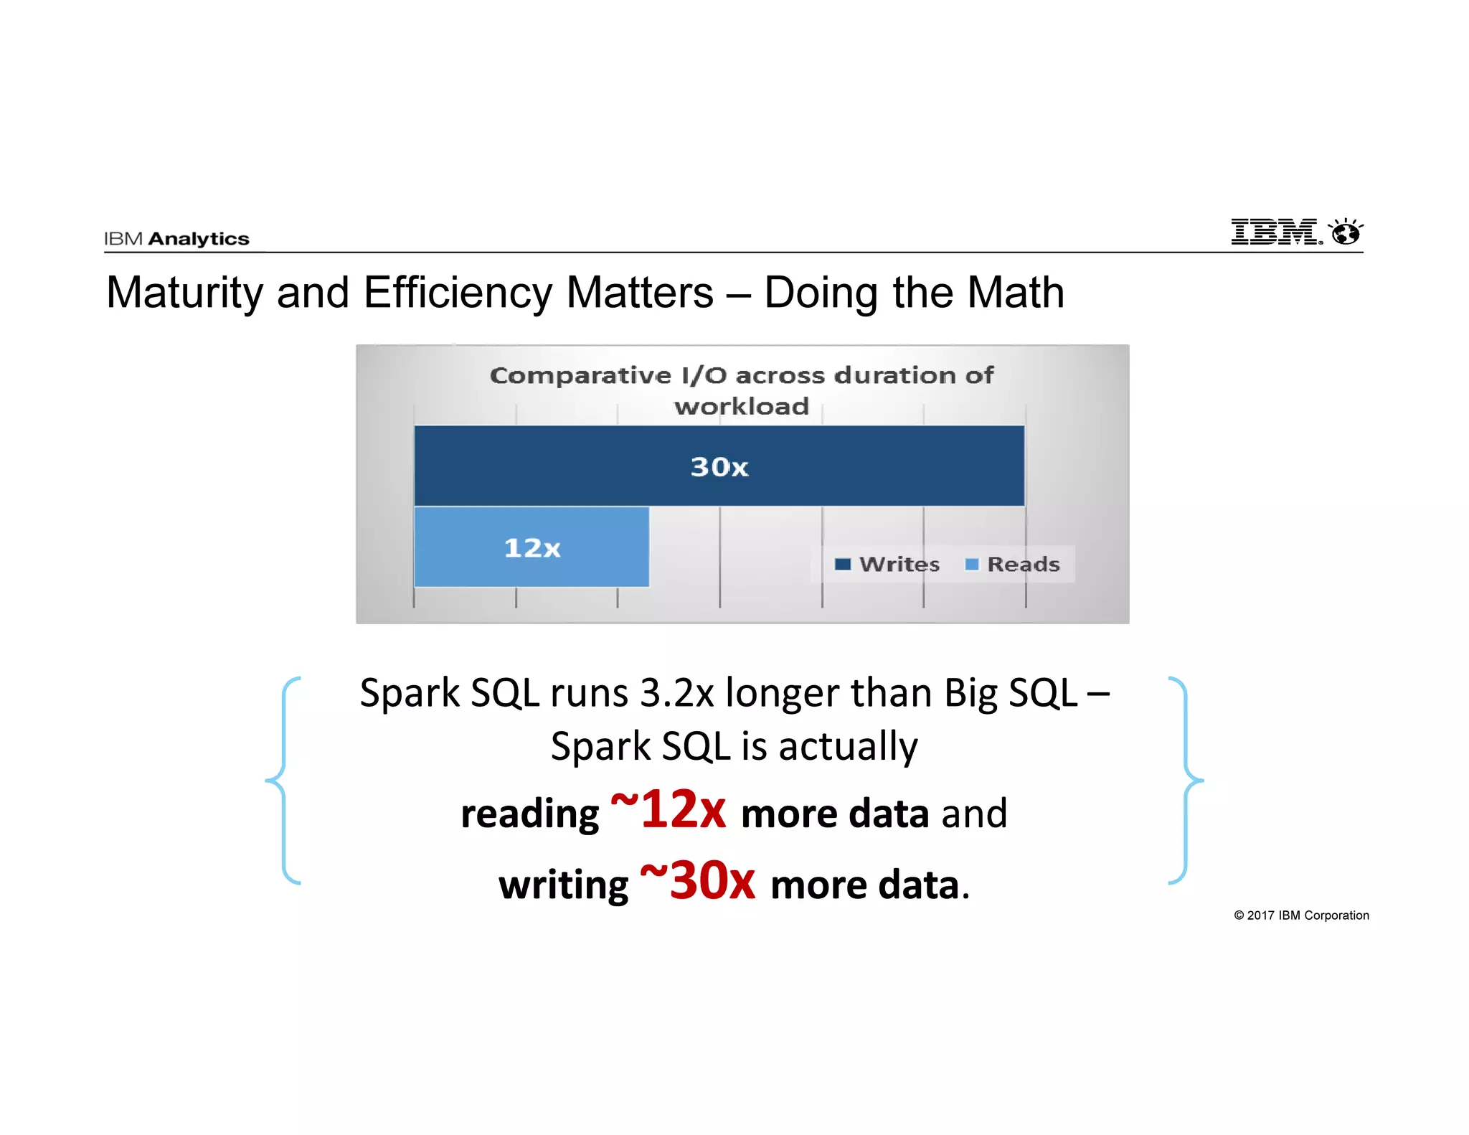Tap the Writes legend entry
[887, 565]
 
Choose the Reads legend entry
[1013, 565]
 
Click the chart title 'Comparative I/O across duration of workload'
[742, 390]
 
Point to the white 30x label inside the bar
[719, 467]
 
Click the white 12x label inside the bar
[532, 548]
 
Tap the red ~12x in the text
[668, 810]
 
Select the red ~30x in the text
[697, 881]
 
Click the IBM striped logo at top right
[1275, 232]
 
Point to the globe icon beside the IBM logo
[1346, 232]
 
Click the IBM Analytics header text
[176, 239]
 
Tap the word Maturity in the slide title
[185, 293]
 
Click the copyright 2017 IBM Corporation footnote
[1301, 915]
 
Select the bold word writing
[563, 885]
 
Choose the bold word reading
[529, 814]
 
